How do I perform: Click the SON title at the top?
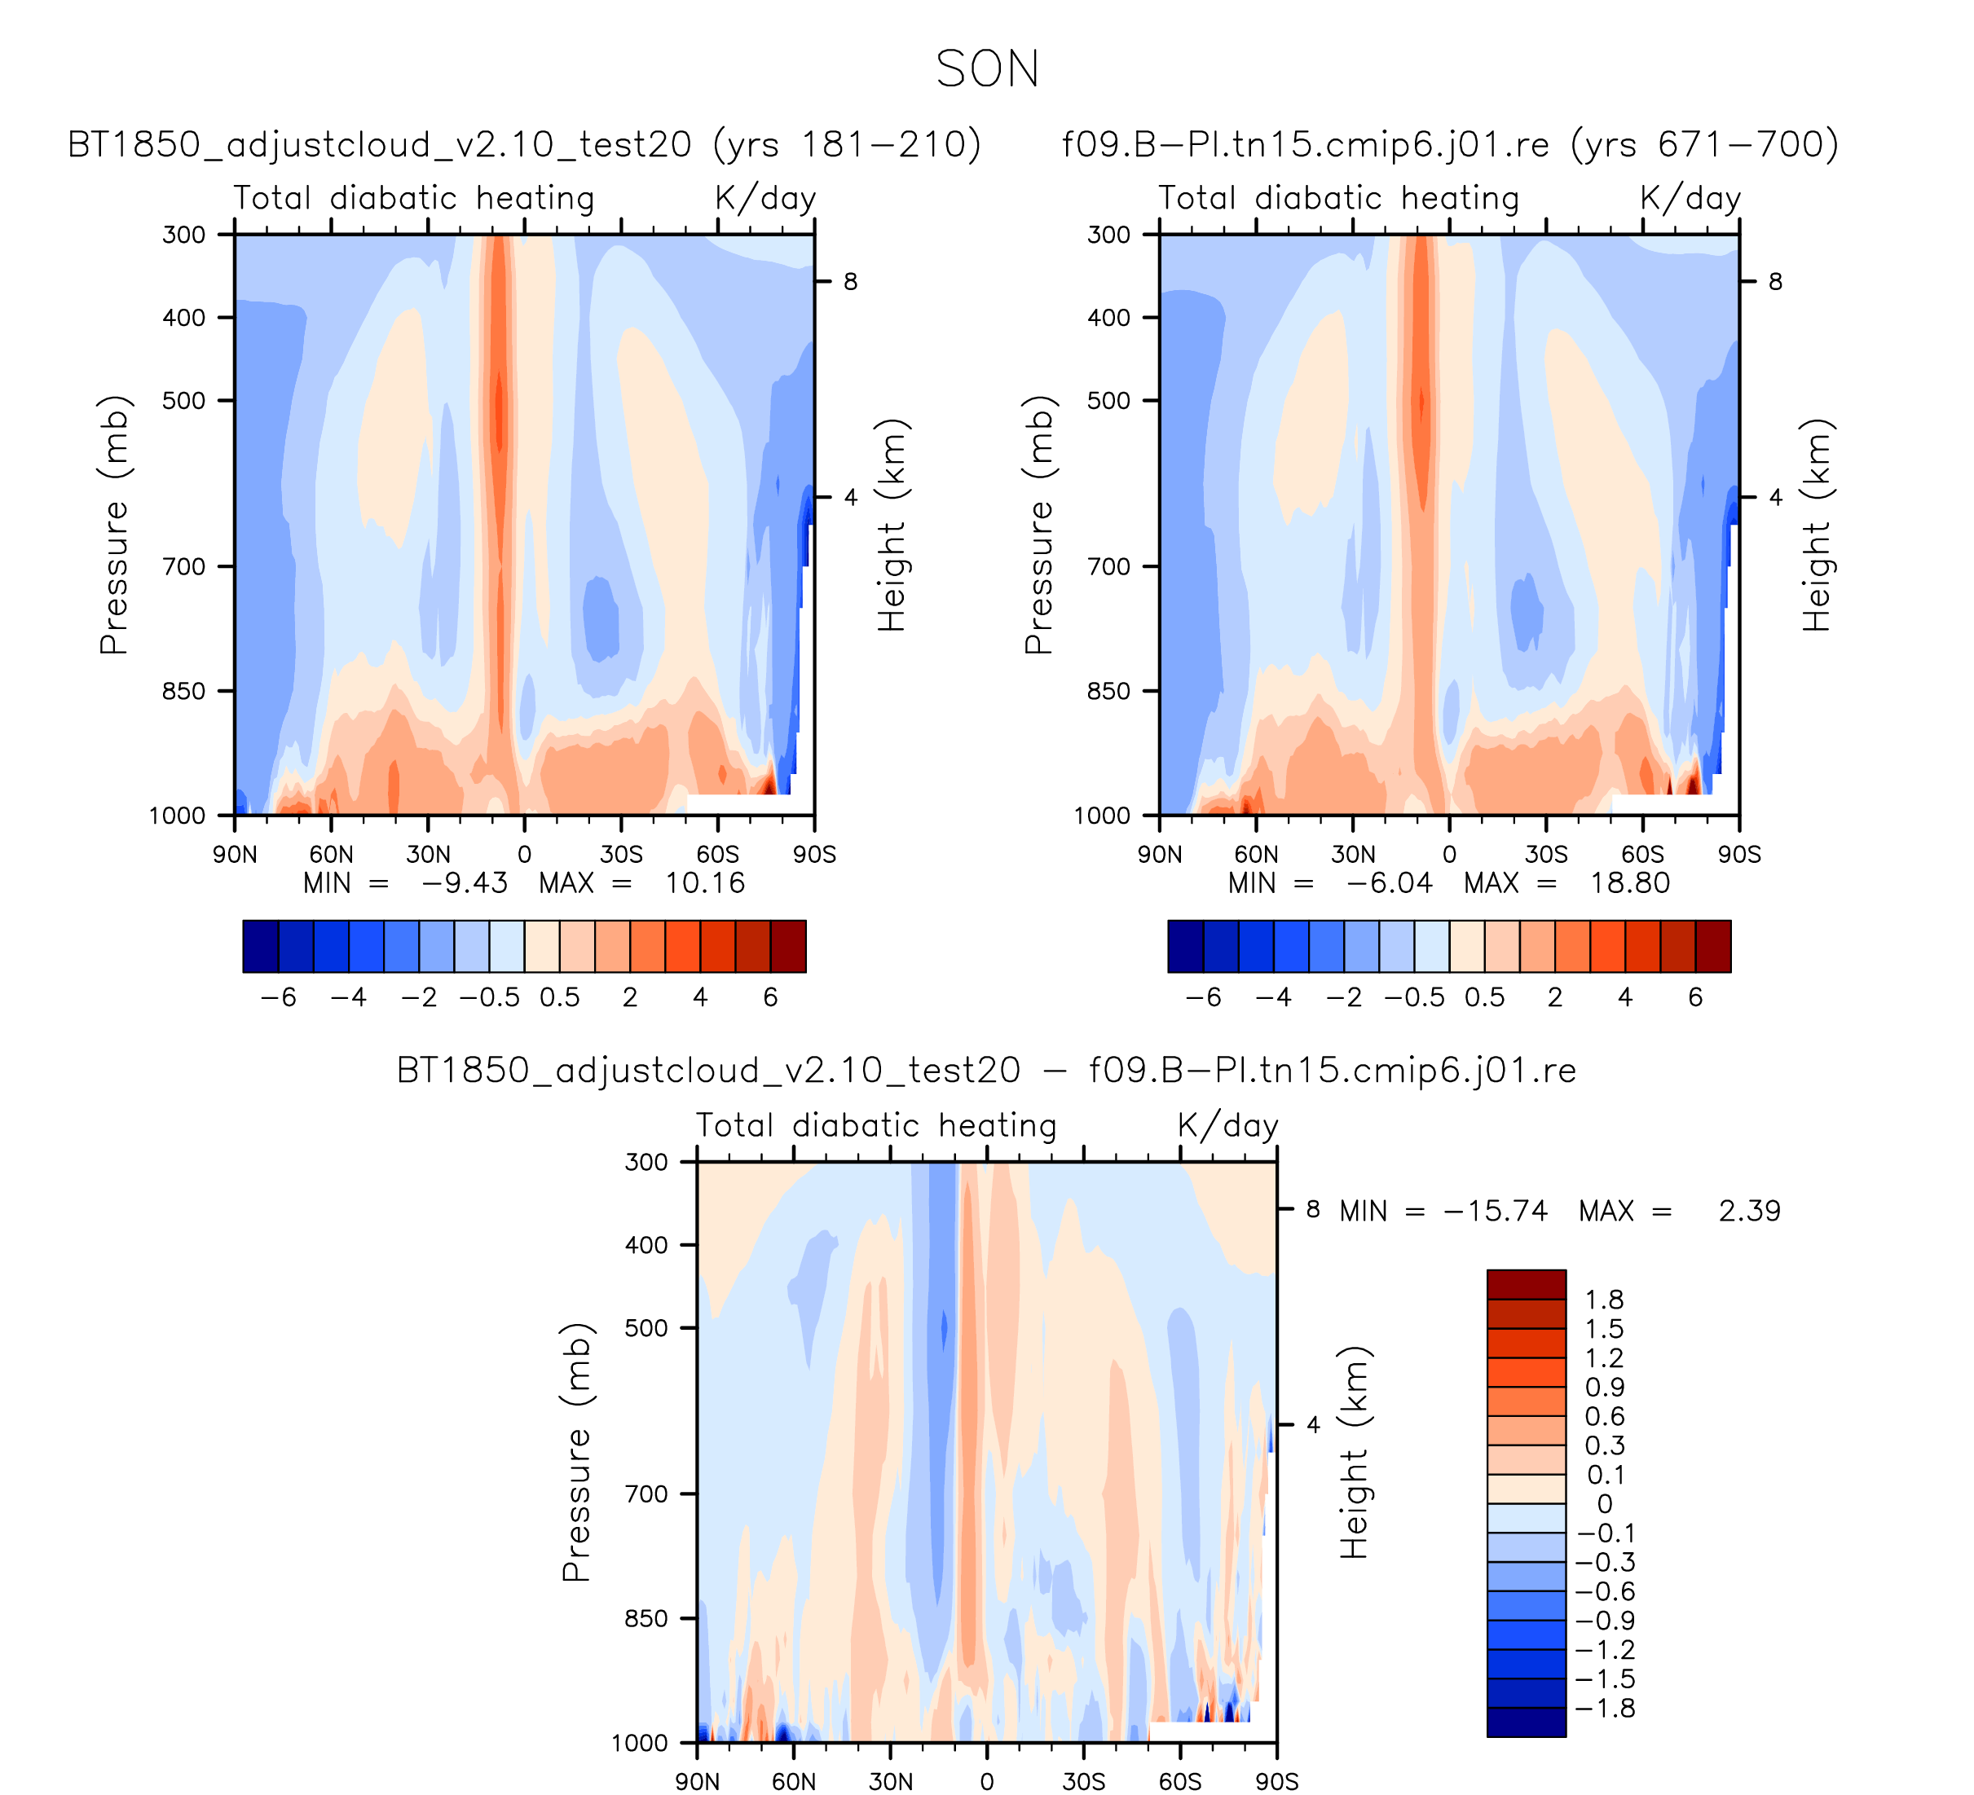987,69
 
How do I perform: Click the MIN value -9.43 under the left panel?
464,884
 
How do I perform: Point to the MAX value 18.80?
1629,884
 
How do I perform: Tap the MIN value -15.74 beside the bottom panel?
1496,1212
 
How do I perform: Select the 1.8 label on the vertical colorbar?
1604,1300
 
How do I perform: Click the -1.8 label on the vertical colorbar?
1604,1709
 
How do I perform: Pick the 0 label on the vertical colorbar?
1604,1504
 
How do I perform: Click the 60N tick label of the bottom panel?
793,1781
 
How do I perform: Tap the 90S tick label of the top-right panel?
1739,856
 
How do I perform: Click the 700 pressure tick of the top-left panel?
184,566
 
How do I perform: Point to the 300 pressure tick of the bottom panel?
646,1163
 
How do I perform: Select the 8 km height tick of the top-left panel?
850,282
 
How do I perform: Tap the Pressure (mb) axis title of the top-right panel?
1038,525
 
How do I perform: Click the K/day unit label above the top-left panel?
764,199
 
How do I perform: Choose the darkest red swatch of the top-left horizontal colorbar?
788,947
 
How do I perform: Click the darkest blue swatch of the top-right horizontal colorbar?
1186,947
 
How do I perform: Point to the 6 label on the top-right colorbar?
1695,998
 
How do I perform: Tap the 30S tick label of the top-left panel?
621,856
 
